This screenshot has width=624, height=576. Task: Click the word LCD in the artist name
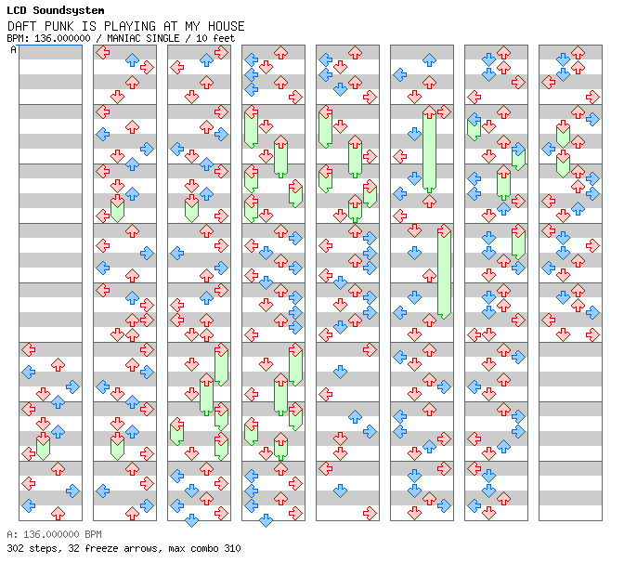tap(17, 10)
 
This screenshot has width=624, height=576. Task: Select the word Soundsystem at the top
tap(69, 10)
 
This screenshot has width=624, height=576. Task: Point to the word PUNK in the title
tap(58, 26)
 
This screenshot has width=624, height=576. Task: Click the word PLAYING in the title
tap(130, 26)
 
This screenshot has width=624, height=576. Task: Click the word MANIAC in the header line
tap(123, 38)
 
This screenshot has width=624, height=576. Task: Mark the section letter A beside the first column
tap(14, 50)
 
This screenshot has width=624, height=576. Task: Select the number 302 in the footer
tap(15, 548)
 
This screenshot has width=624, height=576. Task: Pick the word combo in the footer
tap(204, 548)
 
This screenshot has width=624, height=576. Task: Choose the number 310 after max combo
tap(232, 548)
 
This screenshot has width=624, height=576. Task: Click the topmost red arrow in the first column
tap(29, 350)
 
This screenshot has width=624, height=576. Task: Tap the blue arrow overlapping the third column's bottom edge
tap(192, 520)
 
